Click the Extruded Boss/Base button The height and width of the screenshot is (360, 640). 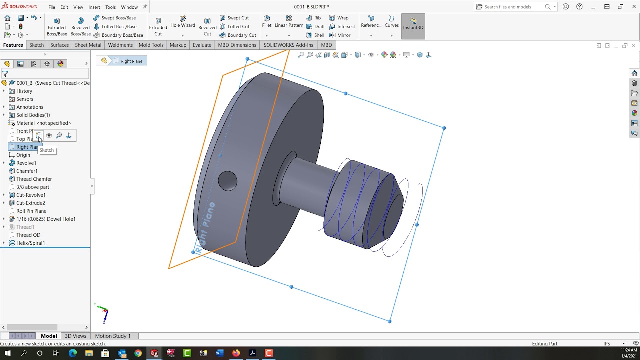(x=56, y=26)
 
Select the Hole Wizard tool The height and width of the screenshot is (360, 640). (x=182, y=22)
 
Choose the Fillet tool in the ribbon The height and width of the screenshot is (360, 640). (x=267, y=22)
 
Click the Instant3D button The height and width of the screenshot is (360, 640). (x=413, y=24)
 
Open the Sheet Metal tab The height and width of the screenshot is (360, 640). (x=88, y=45)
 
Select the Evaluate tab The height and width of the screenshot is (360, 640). (x=202, y=45)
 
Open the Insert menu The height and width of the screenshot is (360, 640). (x=94, y=7)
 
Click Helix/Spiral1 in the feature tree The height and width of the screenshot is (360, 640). (x=30, y=243)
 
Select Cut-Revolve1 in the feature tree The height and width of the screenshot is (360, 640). (x=31, y=195)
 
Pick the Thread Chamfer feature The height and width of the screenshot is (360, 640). (x=34, y=179)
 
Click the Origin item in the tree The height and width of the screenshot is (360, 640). (x=23, y=155)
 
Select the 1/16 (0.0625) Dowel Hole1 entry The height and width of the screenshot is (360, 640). (x=46, y=219)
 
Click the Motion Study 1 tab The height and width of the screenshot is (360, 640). (x=112, y=336)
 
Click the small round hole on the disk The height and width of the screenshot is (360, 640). (x=228, y=180)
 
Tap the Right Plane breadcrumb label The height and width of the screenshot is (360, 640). (x=131, y=61)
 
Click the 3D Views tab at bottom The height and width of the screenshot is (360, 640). (x=75, y=336)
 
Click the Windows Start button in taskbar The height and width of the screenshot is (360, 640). (x=8, y=353)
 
